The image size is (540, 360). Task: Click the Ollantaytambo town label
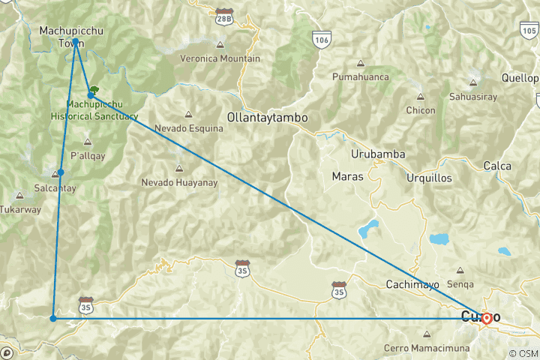click(x=268, y=118)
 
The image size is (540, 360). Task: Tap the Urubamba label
click(x=378, y=154)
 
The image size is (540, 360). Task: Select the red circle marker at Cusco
click(x=487, y=318)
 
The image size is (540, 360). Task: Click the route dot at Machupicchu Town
click(x=76, y=41)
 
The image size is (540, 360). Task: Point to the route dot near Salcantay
click(x=61, y=172)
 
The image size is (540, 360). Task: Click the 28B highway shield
click(x=223, y=15)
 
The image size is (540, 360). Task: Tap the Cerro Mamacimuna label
click(x=427, y=348)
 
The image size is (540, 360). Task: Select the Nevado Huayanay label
click(x=179, y=182)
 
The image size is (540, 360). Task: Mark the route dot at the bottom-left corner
click(x=52, y=319)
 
